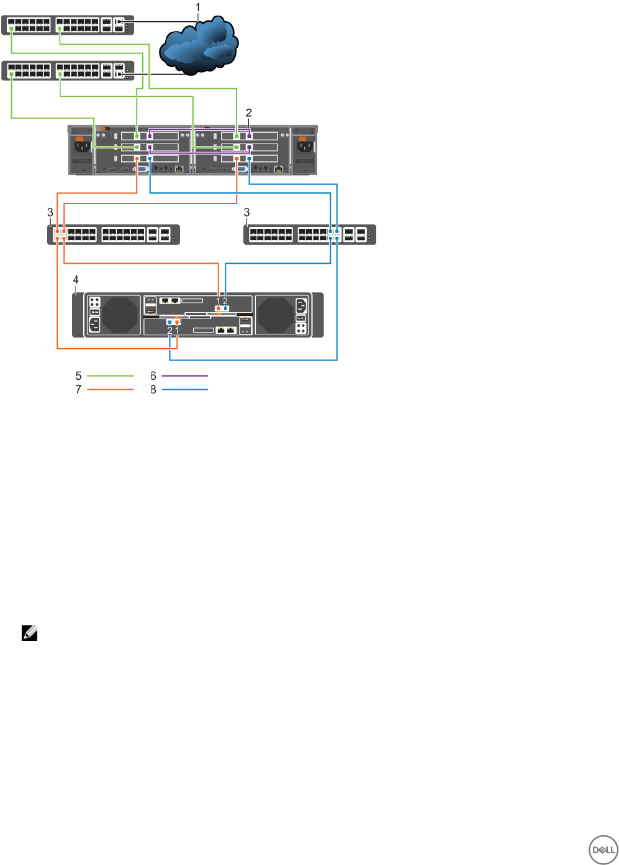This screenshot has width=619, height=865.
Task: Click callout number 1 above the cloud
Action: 198,7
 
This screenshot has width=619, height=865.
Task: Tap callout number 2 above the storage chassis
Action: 249,112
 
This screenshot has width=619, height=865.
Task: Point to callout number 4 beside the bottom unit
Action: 76,280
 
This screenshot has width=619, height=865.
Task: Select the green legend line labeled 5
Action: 110,376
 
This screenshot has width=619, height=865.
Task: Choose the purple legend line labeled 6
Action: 184,376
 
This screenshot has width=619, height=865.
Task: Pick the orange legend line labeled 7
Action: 110,390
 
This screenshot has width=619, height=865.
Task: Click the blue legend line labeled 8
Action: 184,390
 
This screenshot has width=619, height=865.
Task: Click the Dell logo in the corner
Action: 602,850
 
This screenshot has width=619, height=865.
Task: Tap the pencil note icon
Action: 29,634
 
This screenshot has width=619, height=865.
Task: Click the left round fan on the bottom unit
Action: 120,315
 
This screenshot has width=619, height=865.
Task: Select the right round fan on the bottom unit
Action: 275,315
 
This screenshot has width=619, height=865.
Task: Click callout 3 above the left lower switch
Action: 50,212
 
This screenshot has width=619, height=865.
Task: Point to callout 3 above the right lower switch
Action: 246,212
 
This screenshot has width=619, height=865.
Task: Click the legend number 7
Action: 78,390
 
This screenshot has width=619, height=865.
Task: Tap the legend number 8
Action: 153,390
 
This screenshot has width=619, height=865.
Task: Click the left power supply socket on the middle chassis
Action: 82,147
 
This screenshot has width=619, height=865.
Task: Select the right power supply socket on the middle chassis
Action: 304,147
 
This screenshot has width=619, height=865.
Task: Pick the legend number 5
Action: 78,376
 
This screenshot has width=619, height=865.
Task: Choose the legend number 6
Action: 153,376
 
